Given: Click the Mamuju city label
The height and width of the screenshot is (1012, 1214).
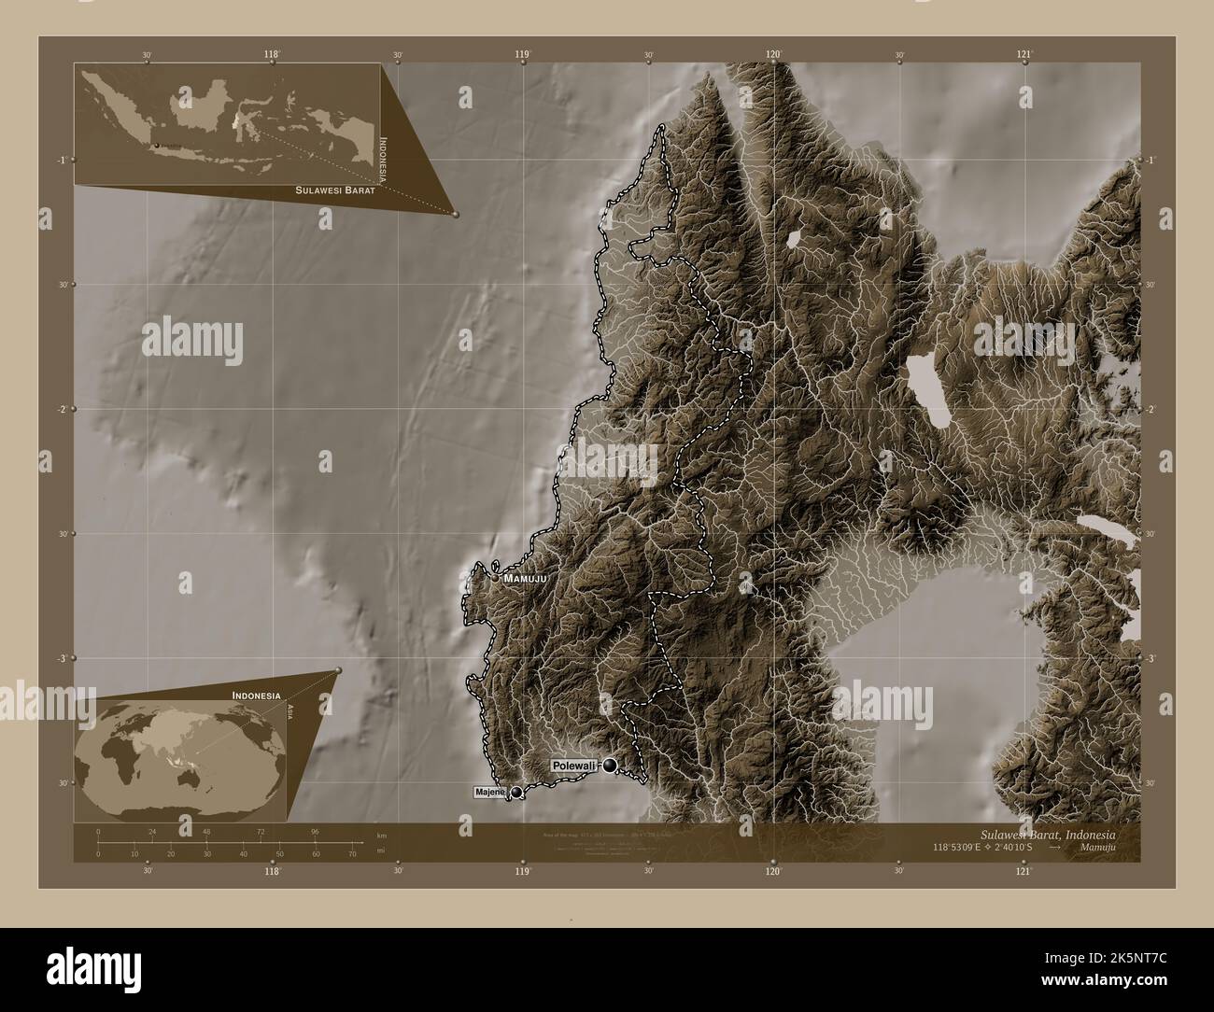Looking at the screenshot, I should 524,579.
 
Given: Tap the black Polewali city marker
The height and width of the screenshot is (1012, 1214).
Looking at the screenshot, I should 611,766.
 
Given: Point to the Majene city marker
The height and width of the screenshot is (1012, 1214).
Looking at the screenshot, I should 516,793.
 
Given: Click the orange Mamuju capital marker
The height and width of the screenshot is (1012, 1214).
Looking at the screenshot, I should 496,578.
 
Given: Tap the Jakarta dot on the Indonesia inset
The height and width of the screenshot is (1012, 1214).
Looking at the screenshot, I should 157,145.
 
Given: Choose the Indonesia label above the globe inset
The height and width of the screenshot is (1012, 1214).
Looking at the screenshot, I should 257,696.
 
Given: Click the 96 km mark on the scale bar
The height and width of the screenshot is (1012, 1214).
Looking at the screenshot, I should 316,831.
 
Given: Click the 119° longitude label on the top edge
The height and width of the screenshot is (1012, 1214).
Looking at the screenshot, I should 523,55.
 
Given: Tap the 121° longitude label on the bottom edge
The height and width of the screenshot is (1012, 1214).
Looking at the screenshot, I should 1024,871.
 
